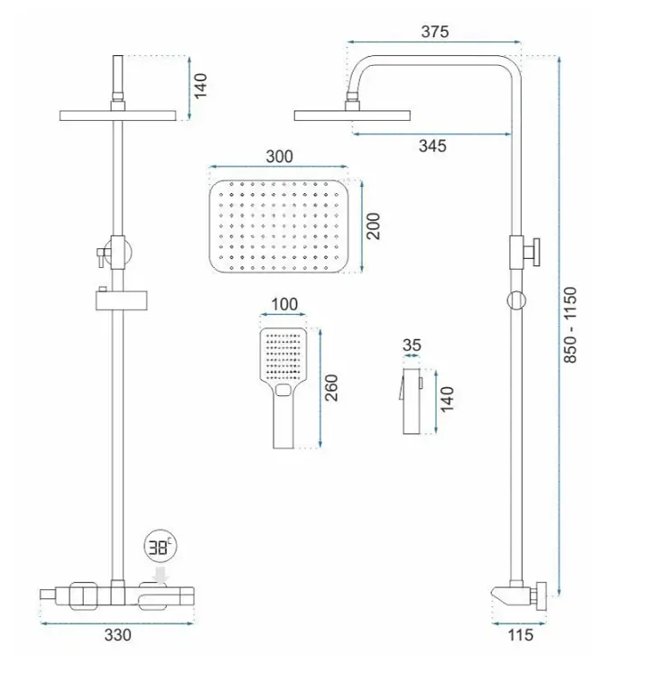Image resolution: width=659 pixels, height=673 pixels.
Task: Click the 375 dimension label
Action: pos(435,32)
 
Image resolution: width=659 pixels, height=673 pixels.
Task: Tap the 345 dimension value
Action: pos(432,146)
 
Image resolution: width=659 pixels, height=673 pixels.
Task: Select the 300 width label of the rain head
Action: pos(279,157)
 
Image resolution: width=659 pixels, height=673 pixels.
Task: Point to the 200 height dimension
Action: pos(374,226)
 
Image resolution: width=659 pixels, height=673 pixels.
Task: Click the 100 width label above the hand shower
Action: pos(284,304)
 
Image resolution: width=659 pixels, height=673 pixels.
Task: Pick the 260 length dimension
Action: pos(331,388)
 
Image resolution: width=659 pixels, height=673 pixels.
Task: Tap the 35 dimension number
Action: pos(412,346)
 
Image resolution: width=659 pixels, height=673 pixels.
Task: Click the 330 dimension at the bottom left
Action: pos(117,635)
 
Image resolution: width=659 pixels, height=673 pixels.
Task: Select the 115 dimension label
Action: pos(520,635)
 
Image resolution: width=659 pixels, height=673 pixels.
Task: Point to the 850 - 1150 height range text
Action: pos(570,325)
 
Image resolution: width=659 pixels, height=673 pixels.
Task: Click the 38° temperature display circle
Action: pos(161,547)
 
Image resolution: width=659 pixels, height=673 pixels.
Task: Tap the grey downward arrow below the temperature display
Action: pos(162,576)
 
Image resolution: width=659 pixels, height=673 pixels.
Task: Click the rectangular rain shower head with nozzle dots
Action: pos(278,226)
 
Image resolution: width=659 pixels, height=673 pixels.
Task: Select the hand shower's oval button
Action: pos(283,390)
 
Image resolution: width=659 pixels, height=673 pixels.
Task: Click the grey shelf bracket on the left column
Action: pos(121,300)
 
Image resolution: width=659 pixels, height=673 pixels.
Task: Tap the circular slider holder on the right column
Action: pos(516,300)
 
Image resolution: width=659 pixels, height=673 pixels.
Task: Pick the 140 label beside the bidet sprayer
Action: pos(447,399)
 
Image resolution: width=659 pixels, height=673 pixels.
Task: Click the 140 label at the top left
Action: pos(200,86)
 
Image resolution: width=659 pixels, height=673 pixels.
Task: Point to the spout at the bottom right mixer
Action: pos(503,595)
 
